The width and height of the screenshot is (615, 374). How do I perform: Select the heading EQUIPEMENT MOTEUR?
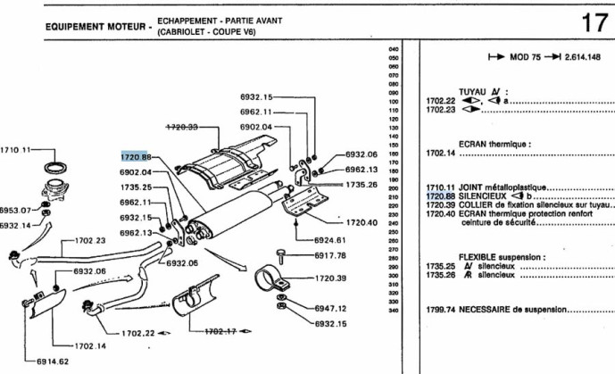pos(96,26)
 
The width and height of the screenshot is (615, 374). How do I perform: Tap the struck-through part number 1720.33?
pos(181,127)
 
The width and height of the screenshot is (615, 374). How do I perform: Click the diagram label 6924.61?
pos(329,239)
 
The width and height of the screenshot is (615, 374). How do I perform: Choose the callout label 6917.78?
pos(329,256)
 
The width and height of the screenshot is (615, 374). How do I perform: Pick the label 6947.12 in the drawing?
pos(330,309)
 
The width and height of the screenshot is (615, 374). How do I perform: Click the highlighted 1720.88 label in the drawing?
pos(137,155)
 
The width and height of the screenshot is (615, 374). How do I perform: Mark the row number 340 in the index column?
pos(393,310)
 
